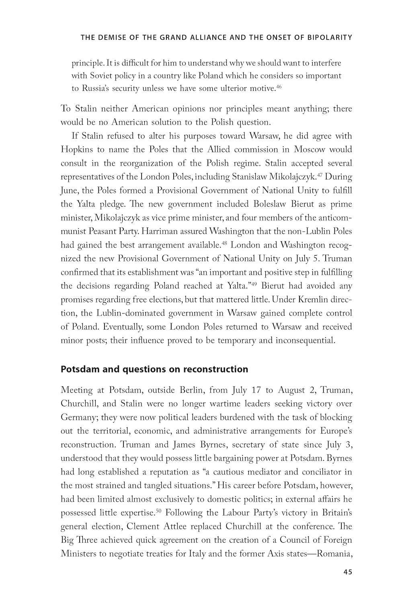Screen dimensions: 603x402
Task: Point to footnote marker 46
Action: point(279,86)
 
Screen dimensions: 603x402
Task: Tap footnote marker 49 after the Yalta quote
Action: point(254,284)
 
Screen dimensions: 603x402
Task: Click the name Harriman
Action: point(160,231)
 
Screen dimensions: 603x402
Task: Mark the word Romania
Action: point(335,554)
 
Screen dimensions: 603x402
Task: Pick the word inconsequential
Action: point(305,340)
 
